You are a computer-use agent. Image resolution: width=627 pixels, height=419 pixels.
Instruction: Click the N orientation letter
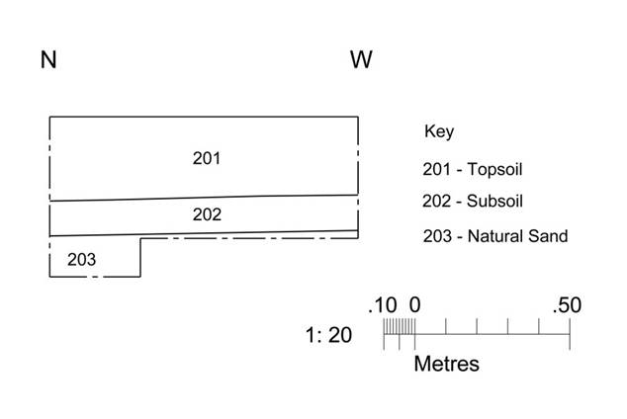pyautogui.click(x=48, y=60)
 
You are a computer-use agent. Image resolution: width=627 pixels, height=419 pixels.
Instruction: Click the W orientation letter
pyautogui.click(x=362, y=60)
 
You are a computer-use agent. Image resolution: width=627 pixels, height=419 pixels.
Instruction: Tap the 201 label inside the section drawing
pyautogui.click(x=207, y=158)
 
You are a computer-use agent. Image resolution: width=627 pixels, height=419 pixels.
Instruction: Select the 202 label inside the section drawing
pyautogui.click(x=207, y=214)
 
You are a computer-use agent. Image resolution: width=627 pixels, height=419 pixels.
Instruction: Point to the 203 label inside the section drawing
pyautogui.click(x=81, y=260)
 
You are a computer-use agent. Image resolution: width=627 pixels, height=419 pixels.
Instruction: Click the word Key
pyautogui.click(x=439, y=131)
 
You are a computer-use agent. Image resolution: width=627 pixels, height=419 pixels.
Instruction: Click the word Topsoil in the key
pyautogui.click(x=494, y=169)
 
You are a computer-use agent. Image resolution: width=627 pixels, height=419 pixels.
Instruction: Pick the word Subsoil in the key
pyautogui.click(x=494, y=201)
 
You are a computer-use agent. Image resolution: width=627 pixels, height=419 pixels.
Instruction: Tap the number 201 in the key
pyautogui.click(x=437, y=169)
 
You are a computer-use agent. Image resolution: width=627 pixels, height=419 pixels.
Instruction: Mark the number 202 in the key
pyautogui.click(x=437, y=201)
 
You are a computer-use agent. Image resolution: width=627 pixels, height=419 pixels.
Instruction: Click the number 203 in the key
pyautogui.click(x=437, y=236)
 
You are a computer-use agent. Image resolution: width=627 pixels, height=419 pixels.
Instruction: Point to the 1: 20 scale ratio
pyautogui.click(x=328, y=335)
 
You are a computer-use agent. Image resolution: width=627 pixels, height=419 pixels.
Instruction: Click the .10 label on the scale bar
pyautogui.click(x=383, y=305)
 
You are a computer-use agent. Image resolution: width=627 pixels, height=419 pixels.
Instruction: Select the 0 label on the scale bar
pyautogui.click(x=414, y=305)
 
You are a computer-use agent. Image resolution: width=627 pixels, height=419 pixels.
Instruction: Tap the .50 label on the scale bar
pyautogui.click(x=567, y=305)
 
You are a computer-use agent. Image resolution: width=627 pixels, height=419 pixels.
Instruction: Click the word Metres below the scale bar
pyautogui.click(x=447, y=364)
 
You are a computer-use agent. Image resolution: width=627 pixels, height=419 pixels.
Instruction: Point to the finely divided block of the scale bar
pyautogui.click(x=400, y=327)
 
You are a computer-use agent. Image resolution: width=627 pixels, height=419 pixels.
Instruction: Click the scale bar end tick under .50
pyautogui.click(x=570, y=334)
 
